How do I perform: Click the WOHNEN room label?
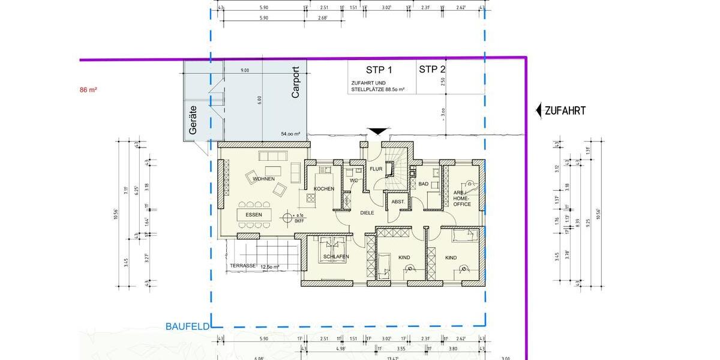(263, 179)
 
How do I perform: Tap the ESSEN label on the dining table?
(254, 215)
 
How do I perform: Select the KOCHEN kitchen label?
(324, 189)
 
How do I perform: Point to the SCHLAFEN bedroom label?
(336, 257)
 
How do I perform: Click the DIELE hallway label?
(367, 212)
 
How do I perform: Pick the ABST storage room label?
(398, 202)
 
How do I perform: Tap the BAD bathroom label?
(424, 184)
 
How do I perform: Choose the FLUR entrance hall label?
(376, 169)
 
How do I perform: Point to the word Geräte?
(193, 119)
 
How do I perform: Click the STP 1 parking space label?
(379, 70)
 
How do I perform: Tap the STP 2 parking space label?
(431, 70)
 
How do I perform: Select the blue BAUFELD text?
(187, 327)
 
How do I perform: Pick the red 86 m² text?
(88, 90)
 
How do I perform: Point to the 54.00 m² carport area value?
(290, 134)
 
